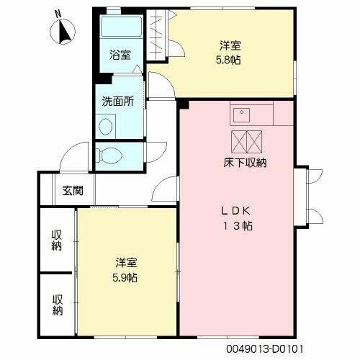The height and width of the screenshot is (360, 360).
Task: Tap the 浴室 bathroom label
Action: coord(120,55)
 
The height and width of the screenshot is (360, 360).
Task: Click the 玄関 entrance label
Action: coord(72,191)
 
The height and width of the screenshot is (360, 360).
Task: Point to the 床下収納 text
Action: coord(246,163)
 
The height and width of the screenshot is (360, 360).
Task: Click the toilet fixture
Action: coord(112,155)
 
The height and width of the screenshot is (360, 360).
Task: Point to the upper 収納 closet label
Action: coord(56,240)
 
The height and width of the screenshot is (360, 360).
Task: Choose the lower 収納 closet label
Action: coord(56,305)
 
